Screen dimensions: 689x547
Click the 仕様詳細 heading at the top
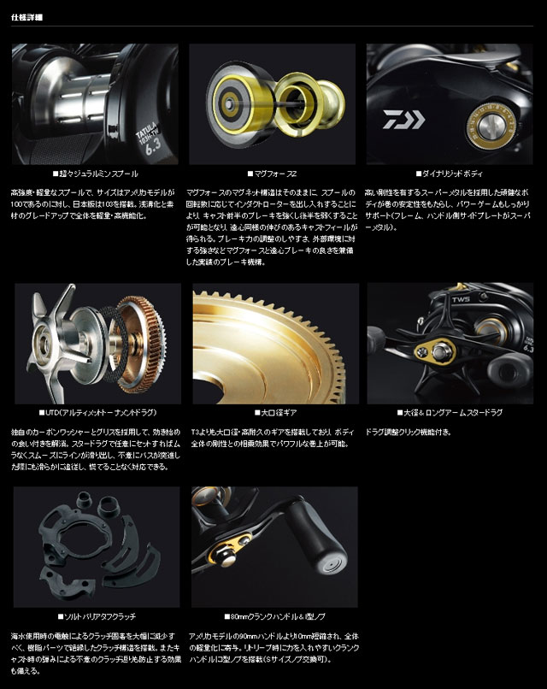[27, 16]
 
